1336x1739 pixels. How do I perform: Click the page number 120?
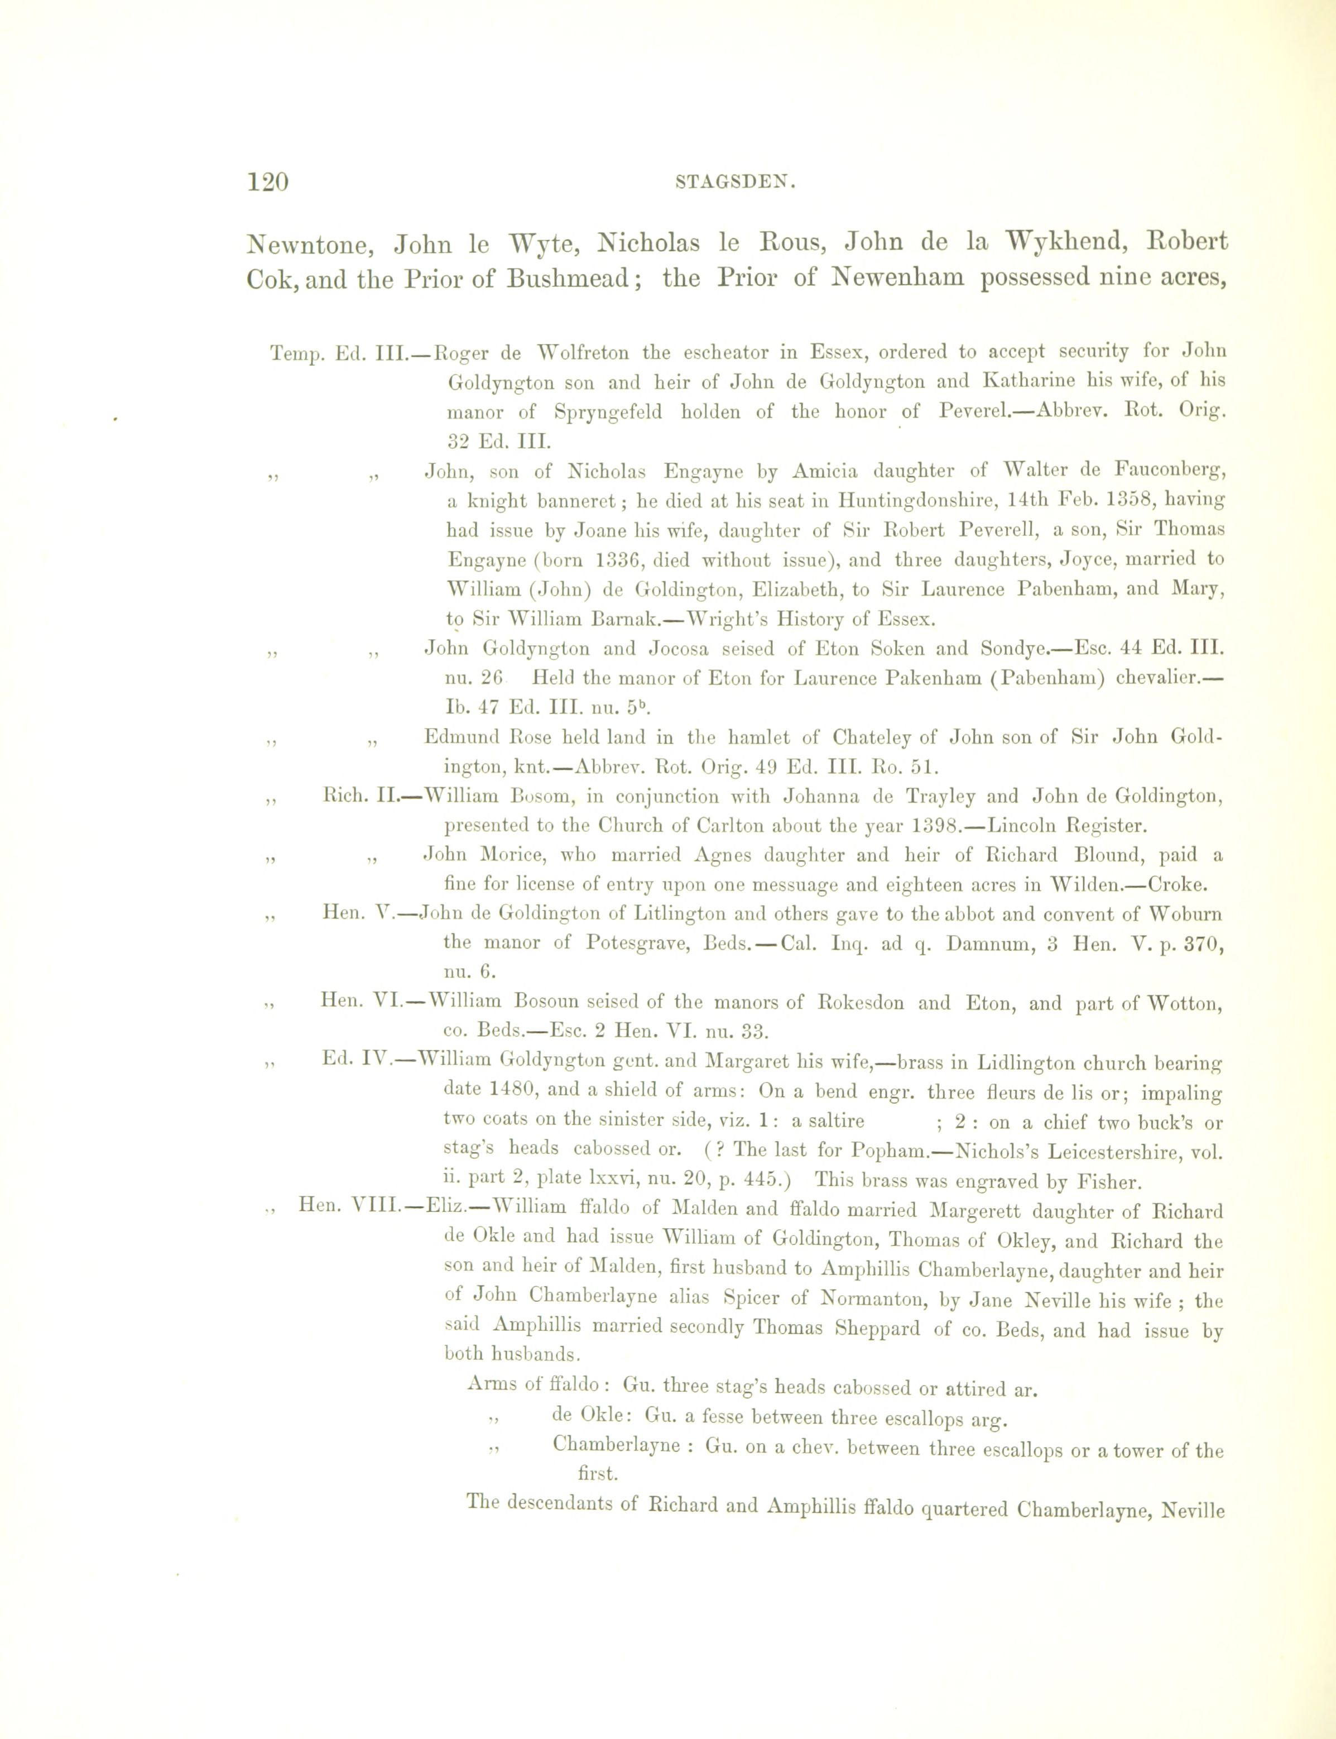267,182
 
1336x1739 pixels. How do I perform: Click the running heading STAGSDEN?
736,182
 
